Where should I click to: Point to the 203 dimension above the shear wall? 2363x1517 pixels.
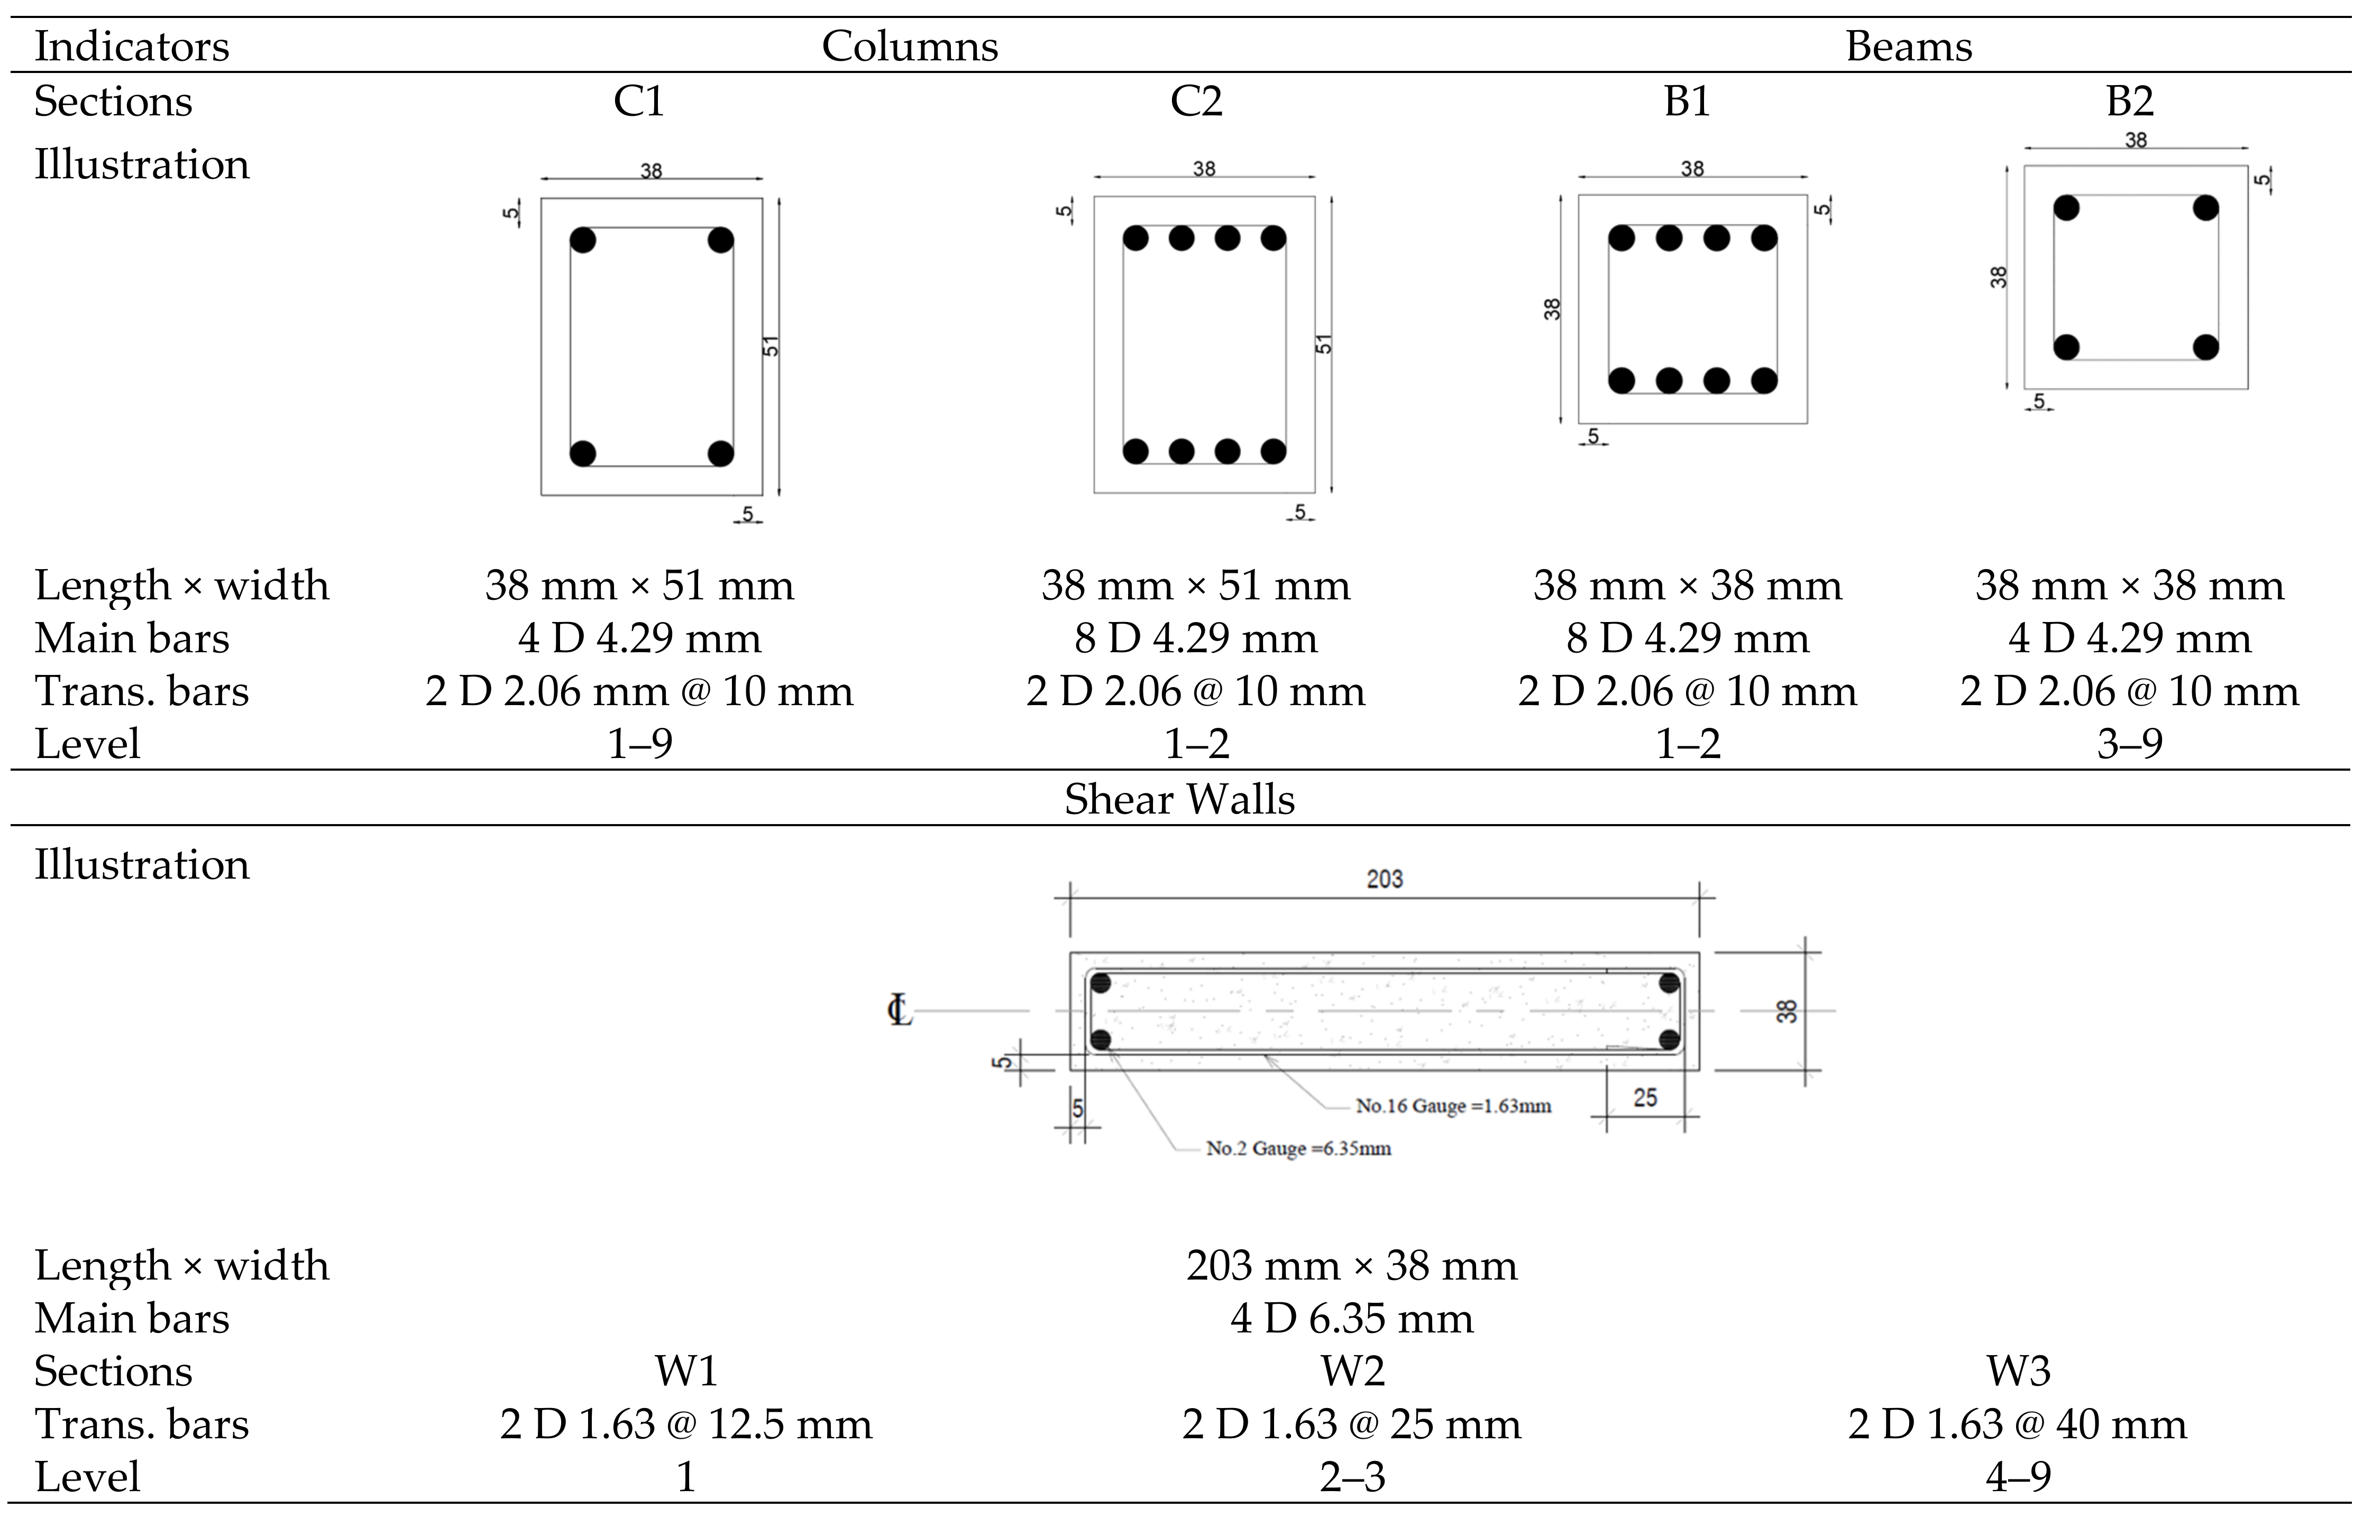1384,879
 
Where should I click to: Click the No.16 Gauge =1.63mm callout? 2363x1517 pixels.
1453,1106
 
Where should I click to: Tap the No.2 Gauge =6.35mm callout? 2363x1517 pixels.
1298,1148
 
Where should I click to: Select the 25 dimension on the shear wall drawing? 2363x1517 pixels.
1645,1098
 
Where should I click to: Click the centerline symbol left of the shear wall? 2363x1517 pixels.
899,1011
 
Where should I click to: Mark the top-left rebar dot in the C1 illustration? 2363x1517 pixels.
583,240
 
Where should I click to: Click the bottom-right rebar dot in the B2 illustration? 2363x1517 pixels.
2206,347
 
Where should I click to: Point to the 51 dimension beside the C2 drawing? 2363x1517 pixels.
1325,344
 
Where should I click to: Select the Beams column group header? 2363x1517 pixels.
1908,47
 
